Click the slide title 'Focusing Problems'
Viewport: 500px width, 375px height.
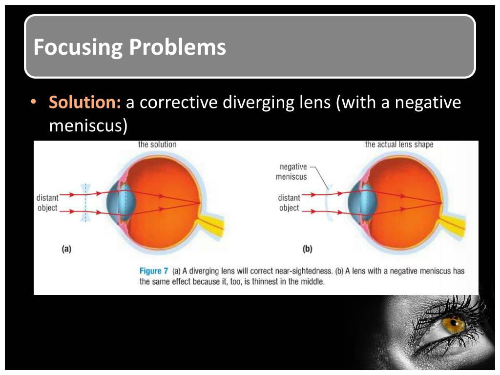coord(129,47)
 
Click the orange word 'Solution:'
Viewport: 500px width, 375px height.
coord(85,103)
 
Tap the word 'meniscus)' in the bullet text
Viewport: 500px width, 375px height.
coord(88,125)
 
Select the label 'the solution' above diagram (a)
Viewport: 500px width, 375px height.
coord(157,145)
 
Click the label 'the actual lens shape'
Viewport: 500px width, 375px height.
coord(399,145)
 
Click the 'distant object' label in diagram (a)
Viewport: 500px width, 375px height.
coord(47,203)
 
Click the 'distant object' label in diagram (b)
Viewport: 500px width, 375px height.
coord(289,203)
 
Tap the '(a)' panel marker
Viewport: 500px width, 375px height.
coord(66,249)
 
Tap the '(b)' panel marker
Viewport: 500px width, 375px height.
coord(307,249)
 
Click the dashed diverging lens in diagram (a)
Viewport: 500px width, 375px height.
coord(86,203)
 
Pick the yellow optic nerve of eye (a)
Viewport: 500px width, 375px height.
coord(215,227)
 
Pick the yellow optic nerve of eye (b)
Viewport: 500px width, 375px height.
coord(457,227)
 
